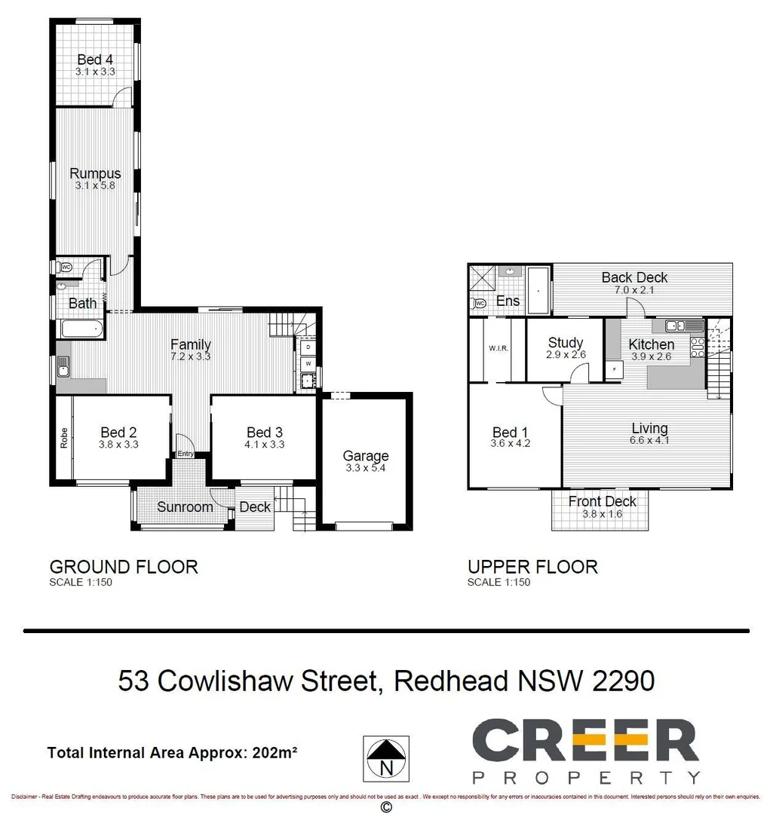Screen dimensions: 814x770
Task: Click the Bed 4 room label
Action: (95, 60)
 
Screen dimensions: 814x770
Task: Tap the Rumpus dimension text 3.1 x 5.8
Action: (95, 185)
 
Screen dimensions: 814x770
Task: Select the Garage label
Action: (366, 455)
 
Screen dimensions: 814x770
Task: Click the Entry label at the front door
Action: (186, 454)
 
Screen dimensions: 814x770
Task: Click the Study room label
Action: (566, 342)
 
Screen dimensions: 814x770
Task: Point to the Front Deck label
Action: (602, 501)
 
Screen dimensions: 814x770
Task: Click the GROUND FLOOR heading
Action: (124, 567)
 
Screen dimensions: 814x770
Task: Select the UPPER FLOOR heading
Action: (532, 567)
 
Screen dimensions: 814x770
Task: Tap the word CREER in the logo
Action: (585, 741)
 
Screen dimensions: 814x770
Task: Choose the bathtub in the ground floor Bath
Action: (80, 329)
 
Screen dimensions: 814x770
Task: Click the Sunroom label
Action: (185, 506)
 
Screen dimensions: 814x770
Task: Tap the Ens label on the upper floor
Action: (508, 301)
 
